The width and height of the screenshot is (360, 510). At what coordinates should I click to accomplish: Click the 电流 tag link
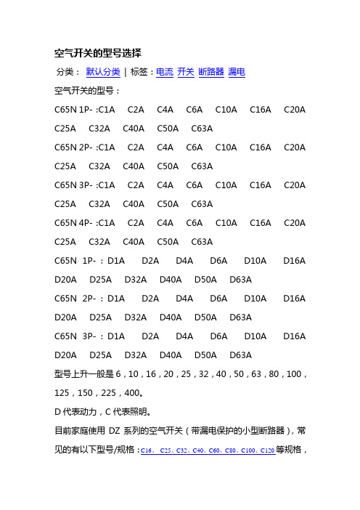165,72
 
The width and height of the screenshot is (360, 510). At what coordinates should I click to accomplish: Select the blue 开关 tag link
186,72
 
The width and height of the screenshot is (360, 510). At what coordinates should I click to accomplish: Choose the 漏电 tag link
236,72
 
